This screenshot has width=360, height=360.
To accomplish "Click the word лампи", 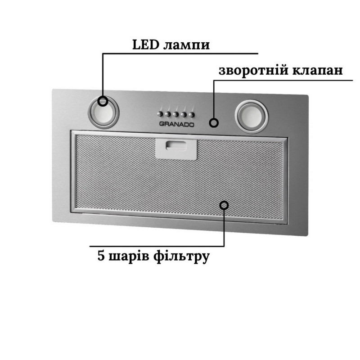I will (x=187, y=46).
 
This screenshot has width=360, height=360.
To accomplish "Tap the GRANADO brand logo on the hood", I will (x=177, y=125).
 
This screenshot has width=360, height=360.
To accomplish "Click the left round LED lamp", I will (x=104, y=112).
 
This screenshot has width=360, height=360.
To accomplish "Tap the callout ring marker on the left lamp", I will (x=103, y=101).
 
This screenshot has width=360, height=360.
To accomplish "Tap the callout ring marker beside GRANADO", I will (x=214, y=122).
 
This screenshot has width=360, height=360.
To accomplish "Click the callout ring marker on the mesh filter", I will (x=224, y=205).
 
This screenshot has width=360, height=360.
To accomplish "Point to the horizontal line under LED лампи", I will (x=180, y=54).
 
